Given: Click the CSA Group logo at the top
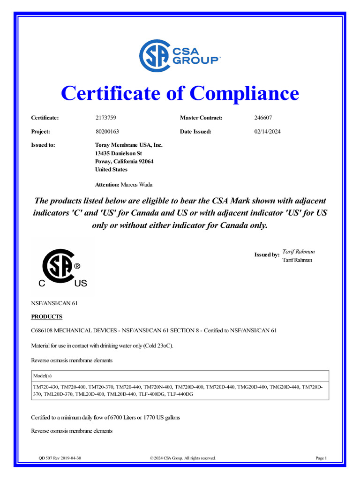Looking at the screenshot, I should pos(180,55).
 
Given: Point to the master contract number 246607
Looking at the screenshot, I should pos(263,118).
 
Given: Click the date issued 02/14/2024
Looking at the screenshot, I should pos(267,132).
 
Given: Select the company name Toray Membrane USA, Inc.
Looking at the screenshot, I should pos(128,145).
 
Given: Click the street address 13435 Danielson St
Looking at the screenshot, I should pos(118,153).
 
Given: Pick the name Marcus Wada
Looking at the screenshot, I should pos(137,184).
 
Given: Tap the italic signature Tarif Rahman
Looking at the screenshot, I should pos(299,252).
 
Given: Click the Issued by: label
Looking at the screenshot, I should pos(267,255).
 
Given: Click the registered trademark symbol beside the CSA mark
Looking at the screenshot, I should pos(77,266).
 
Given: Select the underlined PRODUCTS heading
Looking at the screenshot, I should pos(46,317).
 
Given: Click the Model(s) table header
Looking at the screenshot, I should pos(42,376).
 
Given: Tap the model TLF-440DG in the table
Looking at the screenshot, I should pos(180,394).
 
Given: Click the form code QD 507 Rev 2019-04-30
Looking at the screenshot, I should pos(62,458).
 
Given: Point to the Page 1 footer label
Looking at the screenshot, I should pos(322,458).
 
